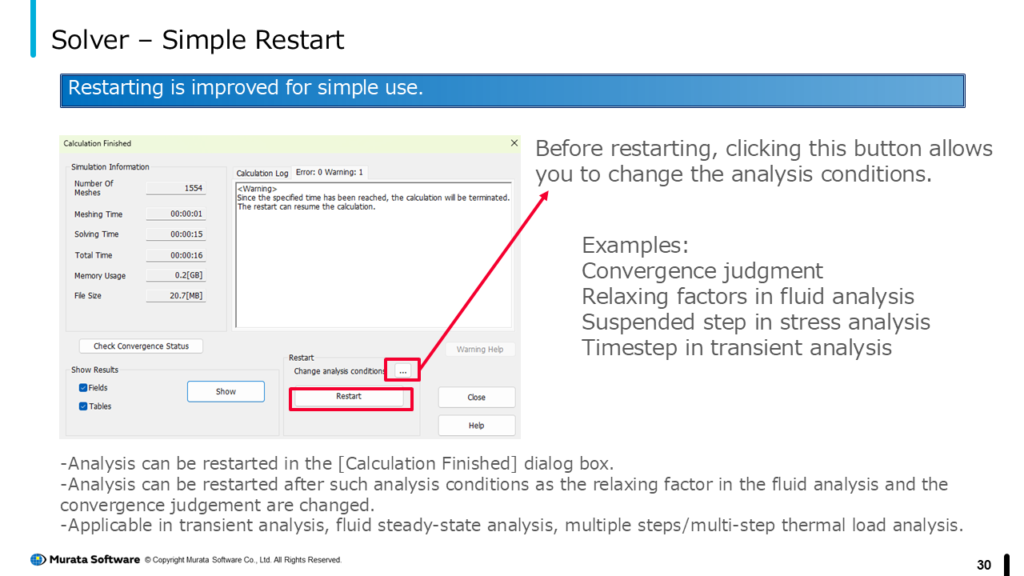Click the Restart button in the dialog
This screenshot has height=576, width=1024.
[x=349, y=397]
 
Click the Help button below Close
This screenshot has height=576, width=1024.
[x=476, y=426]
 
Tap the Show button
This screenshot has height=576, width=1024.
[x=226, y=392]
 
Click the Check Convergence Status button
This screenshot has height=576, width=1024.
[x=141, y=346]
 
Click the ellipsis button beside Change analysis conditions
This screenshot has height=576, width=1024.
[x=402, y=370]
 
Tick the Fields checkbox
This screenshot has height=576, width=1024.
[x=83, y=388]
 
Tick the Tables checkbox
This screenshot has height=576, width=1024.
[x=83, y=406]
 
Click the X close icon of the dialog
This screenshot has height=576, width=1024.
[x=514, y=143]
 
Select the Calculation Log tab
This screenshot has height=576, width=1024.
[x=262, y=174]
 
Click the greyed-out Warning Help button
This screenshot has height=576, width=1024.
[x=480, y=350]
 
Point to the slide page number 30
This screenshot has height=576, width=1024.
[x=984, y=565]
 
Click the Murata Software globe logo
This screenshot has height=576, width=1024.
[x=38, y=559]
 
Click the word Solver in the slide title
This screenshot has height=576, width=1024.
[x=90, y=40]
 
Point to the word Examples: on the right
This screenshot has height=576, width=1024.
[x=635, y=246]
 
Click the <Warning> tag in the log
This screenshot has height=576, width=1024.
[x=257, y=189]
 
